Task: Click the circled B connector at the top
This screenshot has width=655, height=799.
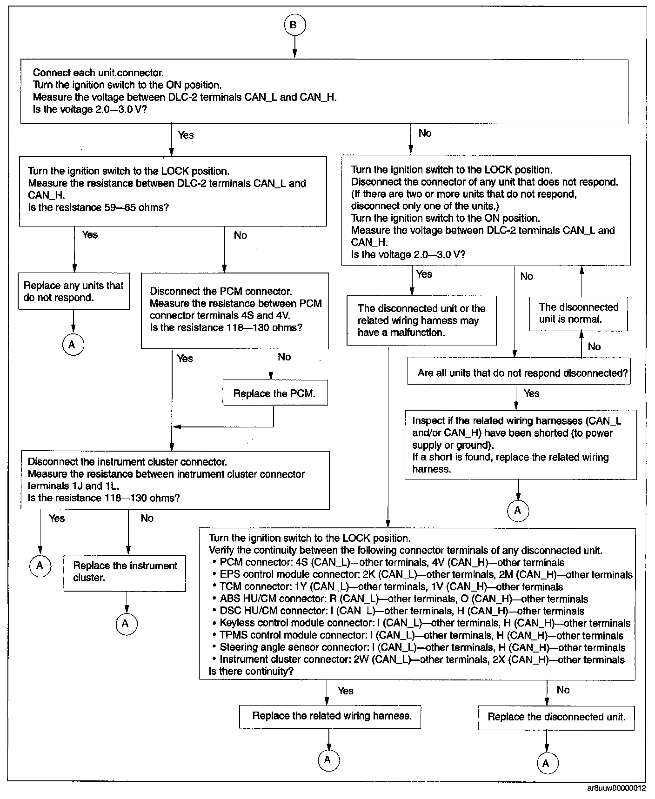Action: point(294,25)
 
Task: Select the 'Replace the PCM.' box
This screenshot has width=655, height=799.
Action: point(274,393)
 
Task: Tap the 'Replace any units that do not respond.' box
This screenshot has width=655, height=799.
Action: point(74,292)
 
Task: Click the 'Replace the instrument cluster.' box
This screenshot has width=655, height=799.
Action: point(125,572)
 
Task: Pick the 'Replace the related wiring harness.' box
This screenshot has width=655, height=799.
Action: point(330,716)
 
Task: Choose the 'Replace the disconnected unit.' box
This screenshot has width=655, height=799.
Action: point(556,717)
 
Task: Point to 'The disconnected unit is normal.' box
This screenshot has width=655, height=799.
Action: point(578,313)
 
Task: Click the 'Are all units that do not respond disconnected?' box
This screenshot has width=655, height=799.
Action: point(519,373)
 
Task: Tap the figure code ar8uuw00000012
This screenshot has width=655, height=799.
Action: point(616,788)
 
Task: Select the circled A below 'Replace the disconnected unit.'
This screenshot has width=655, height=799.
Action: point(546,763)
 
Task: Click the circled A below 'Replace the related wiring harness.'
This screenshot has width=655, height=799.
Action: point(328,759)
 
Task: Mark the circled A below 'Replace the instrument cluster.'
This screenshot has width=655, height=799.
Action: point(126,624)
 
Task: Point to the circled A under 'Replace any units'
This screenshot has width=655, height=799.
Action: point(72,345)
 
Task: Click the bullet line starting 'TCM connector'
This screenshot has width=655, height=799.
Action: point(391,587)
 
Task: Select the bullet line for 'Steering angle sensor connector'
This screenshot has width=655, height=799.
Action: point(422,647)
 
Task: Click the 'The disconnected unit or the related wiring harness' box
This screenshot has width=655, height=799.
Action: point(421,320)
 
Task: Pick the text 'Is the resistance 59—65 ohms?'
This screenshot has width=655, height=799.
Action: point(98,207)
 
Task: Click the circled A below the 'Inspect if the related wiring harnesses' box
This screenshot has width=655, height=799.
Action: point(518,511)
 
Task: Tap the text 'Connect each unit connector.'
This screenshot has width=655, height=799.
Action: point(98,73)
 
